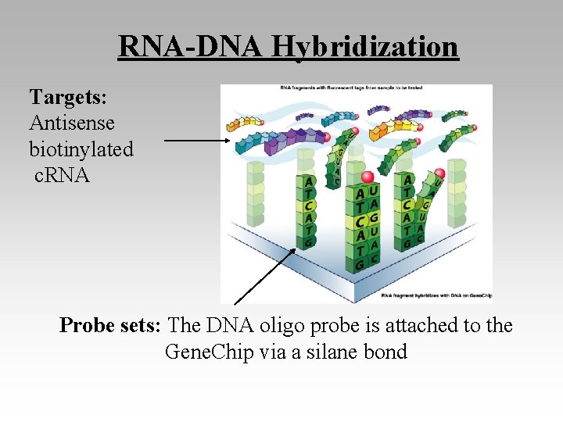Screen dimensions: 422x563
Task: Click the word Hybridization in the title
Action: (364, 47)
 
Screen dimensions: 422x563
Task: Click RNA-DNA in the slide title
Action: (191, 47)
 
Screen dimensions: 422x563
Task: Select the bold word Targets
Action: (67, 97)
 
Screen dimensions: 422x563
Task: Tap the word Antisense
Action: (72, 123)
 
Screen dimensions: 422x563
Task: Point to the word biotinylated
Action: (81, 148)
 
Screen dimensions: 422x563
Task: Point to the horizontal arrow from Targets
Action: (195, 141)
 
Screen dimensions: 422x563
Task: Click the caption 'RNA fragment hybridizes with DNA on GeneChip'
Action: (435, 296)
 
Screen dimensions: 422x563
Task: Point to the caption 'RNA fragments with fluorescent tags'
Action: (356, 88)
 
